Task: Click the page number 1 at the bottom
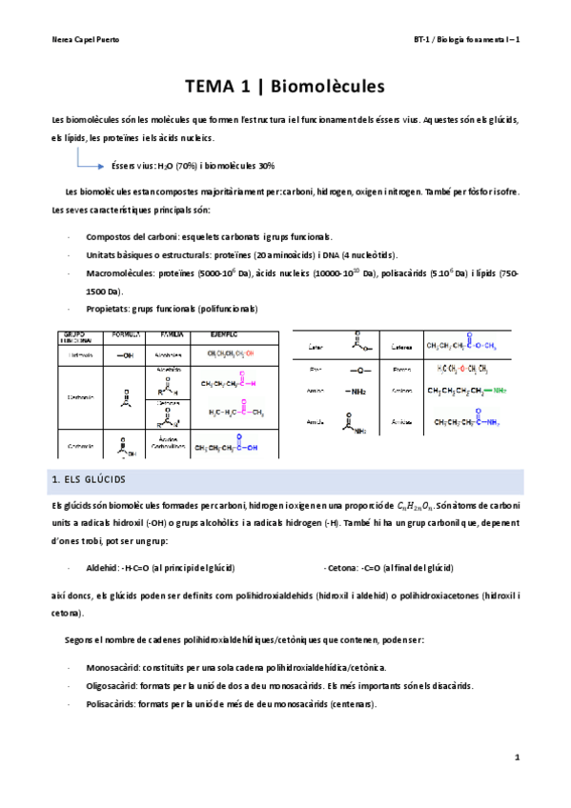(516, 757)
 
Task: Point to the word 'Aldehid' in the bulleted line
(101, 567)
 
